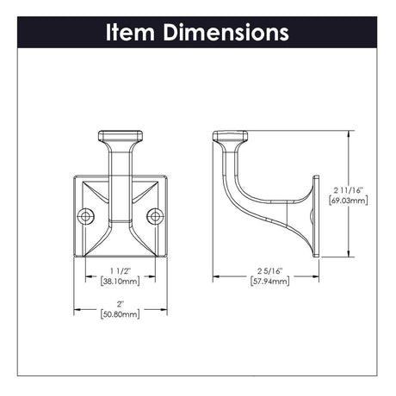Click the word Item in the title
point(131,33)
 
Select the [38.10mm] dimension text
point(119,281)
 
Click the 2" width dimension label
point(119,304)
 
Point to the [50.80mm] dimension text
point(119,315)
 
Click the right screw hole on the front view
point(153,215)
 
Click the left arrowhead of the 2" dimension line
point(77,309)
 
